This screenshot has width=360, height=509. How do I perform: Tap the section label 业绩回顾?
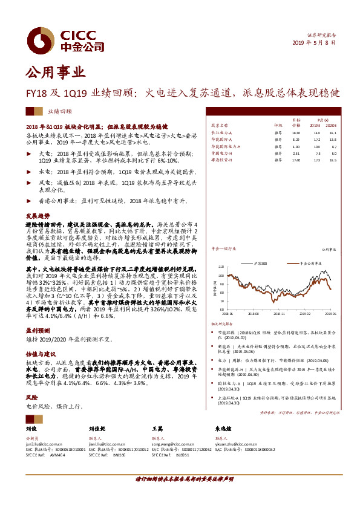click(59, 112)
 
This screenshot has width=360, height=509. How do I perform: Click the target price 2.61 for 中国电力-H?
click(296, 153)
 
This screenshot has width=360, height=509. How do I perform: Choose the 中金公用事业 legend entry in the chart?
click(316, 264)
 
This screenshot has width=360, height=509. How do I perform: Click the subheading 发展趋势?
click(36, 216)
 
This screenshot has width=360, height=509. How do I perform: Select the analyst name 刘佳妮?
click(98, 429)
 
